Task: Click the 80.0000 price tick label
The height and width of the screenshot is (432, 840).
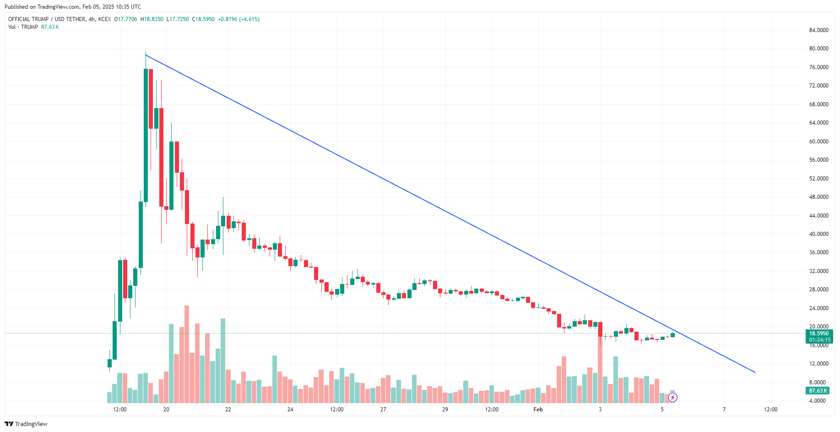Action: click(818, 49)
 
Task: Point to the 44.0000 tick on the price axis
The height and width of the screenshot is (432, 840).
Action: click(818, 215)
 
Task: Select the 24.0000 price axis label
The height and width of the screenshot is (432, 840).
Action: click(818, 308)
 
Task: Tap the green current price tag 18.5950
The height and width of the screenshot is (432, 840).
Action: click(819, 334)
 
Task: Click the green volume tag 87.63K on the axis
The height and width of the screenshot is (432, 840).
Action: click(818, 391)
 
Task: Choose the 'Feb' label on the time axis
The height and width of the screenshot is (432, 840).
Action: click(538, 410)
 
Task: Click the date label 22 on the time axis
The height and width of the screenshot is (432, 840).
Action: click(228, 410)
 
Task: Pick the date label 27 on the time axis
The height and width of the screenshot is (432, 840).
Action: click(383, 410)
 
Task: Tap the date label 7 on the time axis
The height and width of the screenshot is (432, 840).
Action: click(724, 410)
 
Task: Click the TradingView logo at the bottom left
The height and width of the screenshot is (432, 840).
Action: click(26, 424)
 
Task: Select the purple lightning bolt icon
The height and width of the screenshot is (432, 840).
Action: click(672, 397)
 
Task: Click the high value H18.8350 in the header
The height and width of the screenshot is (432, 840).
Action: click(152, 19)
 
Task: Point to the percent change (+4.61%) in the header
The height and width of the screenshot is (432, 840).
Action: click(249, 19)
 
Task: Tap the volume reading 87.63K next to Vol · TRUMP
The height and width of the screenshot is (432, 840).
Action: click(50, 27)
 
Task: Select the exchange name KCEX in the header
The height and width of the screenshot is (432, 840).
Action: click(104, 19)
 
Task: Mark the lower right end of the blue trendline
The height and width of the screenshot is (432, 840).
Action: click(755, 372)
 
